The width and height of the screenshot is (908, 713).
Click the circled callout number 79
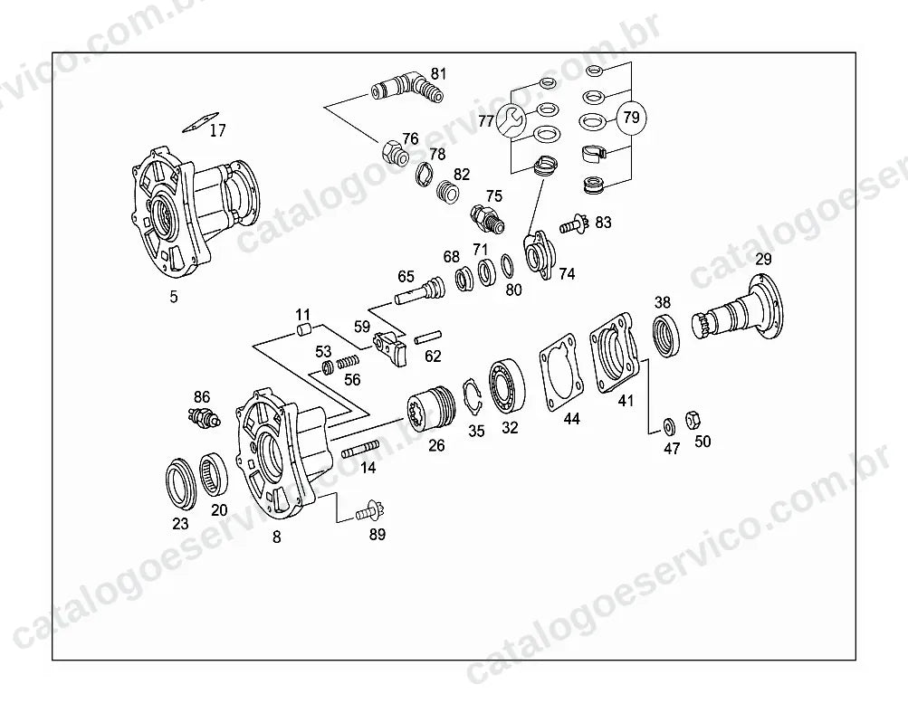click(x=631, y=118)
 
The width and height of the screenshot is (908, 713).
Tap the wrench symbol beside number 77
click(x=511, y=121)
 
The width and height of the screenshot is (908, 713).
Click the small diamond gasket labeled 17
click(x=200, y=122)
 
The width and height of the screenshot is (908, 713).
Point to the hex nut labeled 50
click(x=692, y=420)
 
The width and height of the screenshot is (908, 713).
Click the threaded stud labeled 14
click(x=360, y=449)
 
